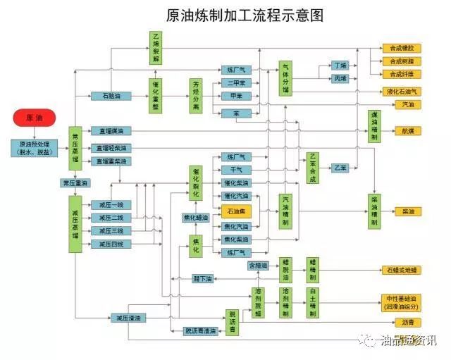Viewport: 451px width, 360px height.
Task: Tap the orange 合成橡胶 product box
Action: click(x=401, y=49)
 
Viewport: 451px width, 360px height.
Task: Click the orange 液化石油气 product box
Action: click(x=401, y=91)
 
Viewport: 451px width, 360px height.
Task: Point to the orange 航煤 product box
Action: click(x=407, y=130)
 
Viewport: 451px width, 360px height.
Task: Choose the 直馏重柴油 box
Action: click(x=111, y=161)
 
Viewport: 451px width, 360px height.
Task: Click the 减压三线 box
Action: click(x=111, y=230)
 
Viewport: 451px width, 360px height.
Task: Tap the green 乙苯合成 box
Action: click(x=314, y=168)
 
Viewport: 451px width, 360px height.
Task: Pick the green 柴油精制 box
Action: click(x=374, y=210)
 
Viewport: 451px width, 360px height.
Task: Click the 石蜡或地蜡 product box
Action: click(x=401, y=269)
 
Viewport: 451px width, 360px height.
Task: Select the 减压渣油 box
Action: click(x=129, y=318)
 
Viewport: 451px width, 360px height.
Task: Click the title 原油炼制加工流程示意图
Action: click(x=225, y=15)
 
